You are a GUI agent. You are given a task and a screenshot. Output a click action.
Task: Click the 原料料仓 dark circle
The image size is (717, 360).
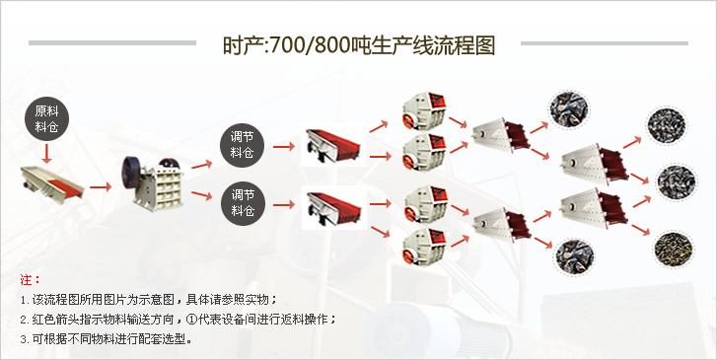point(46,119)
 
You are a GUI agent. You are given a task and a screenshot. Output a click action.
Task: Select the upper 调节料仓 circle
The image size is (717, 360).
point(243,144)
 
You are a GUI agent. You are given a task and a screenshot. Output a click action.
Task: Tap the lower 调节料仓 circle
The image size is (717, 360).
point(243,201)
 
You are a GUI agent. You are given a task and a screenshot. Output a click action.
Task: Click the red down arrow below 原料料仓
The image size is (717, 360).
point(46,154)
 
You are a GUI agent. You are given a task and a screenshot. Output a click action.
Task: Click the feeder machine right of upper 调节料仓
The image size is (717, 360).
point(331,145)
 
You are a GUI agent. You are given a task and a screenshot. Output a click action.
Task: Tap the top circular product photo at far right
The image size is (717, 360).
point(664,123)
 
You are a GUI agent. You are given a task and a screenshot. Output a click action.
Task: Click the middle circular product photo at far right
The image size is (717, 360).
point(672,182)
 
